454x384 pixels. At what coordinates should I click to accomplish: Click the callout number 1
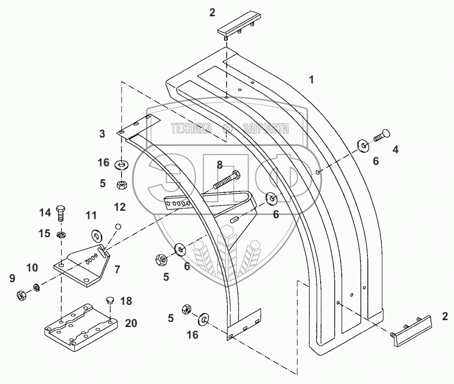coord(312,80)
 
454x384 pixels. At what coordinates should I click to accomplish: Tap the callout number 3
coord(102,134)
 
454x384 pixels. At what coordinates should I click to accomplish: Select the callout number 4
coord(395,149)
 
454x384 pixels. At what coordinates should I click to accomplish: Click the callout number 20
coord(131,323)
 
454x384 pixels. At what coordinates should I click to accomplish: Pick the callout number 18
coord(126,301)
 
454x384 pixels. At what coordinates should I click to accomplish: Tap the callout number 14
coord(44,213)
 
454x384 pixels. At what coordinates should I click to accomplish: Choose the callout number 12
coord(120,207)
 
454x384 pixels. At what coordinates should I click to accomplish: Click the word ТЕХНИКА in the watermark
coord(191,128)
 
